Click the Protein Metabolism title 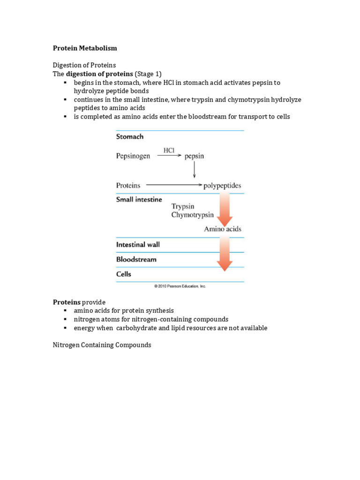pos(85,48)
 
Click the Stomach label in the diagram pos(130,137)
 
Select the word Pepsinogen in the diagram pos(133,156)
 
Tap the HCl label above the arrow pos(169,150)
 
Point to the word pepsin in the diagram pos(194,156)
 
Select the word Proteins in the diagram pos(128,186)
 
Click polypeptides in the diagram pos(222,186)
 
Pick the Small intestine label pos(139,199)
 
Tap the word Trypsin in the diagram pos(183,206)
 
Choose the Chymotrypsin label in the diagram pos(193,215)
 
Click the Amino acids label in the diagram pos(223,229)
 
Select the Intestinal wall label pos(138,245)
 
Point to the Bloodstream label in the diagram pos(136,259)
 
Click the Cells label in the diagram pos(124,274)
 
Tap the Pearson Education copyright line pos(180,286)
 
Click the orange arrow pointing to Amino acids pos(225,209)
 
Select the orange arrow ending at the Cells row pos(225,254)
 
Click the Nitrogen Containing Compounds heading pos(102,345)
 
